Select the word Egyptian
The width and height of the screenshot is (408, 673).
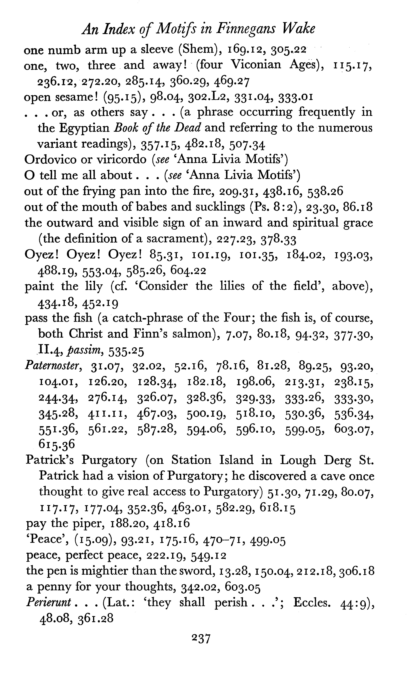(x=84, y=128)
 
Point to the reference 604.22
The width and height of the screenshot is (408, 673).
(x=188, y=271)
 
